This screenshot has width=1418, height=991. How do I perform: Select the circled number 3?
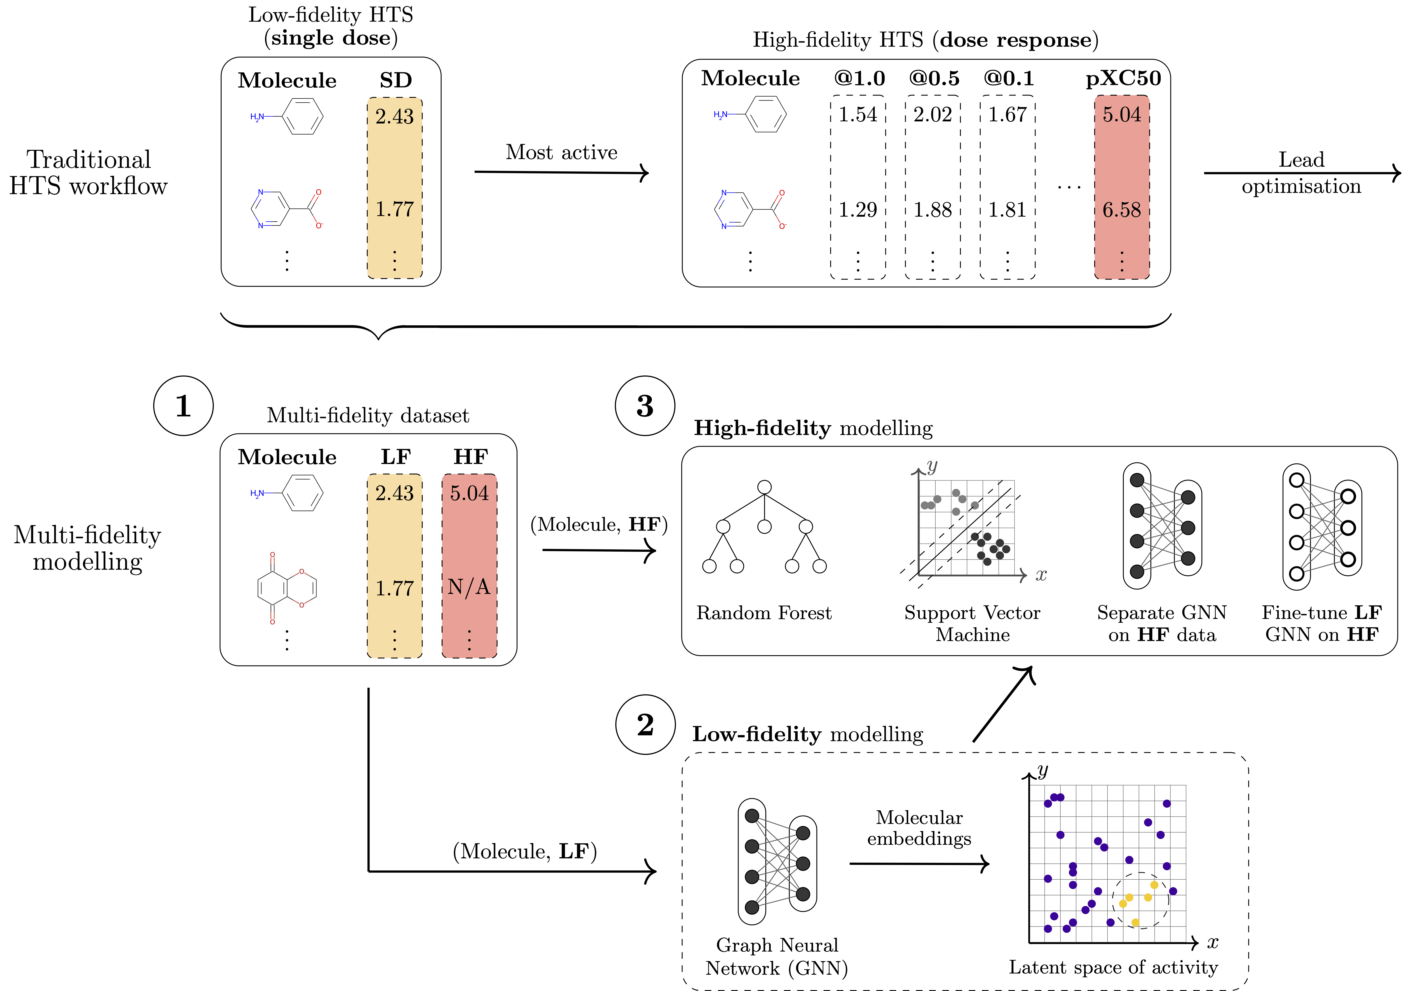click(645, 406)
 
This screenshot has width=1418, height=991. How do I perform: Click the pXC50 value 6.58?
click(1122, 210)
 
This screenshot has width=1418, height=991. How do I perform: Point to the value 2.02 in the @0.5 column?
click(932, 115)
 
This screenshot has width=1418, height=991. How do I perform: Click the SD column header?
click(395, 80)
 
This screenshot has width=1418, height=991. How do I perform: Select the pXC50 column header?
click(1123, 78)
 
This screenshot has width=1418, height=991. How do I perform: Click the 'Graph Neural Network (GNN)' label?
click(777, 956)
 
